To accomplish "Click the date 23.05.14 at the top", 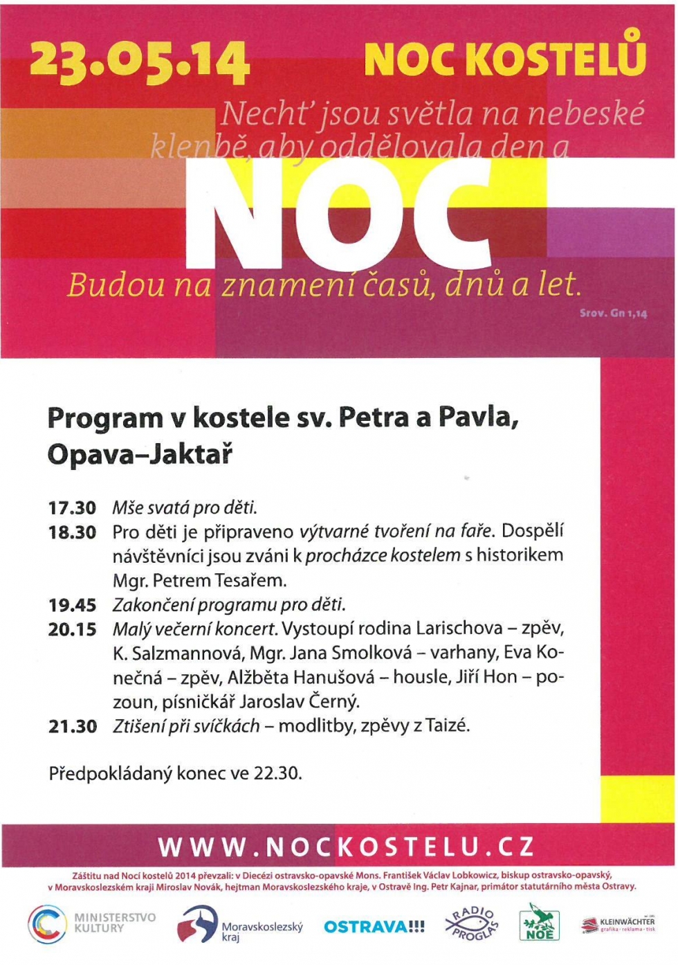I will (138, 61).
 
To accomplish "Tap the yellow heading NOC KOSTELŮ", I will (505, 58).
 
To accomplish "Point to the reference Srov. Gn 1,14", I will (613, 314).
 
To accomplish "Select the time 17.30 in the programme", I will (72, 508).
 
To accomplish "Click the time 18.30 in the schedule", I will (72, 532).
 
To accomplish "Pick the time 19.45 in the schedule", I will (72, 605).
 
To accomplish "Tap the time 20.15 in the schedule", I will (72, 629).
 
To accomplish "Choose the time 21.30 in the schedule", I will (72, 726).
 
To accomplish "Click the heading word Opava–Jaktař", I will (140, 455).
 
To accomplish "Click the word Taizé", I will (447, 725).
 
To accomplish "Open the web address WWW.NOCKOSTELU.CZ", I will (346, 847).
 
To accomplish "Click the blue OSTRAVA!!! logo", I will (374, 926).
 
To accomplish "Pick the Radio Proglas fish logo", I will (472, 924).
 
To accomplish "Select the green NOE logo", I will (539, 923).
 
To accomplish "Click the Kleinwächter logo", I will (618, 924).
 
